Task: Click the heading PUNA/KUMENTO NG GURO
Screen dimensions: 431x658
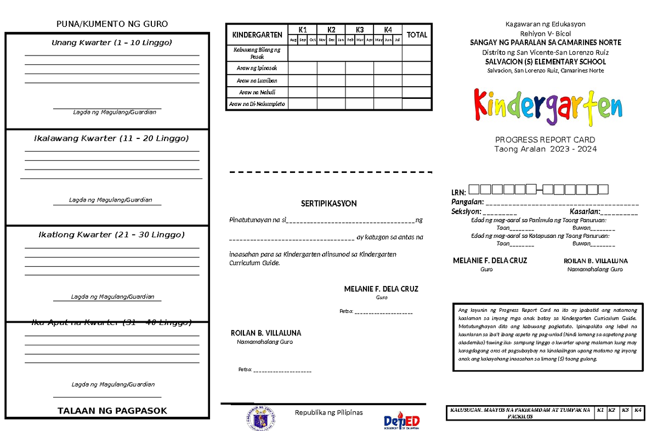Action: [x=112, y=24]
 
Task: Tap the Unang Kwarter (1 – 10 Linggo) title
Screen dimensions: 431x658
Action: [x=112, y=43]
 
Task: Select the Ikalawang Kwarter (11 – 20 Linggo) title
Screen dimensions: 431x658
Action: [x=111, y=138]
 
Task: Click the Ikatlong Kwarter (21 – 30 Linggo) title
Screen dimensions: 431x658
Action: [x=111, y=234]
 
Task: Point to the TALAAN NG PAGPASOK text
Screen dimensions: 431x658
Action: [x=112, y=411]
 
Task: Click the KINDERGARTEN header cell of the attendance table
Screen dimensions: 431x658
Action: [x=257, y=35]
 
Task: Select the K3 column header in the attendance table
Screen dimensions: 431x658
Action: [x=360, y=30]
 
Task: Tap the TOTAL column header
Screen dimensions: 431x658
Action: [x=417, y=35]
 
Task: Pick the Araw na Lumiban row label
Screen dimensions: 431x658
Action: [x=257, y=81]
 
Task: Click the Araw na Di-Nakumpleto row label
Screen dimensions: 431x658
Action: [x=257, y=104]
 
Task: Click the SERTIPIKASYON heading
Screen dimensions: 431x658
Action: [x=328, y=203]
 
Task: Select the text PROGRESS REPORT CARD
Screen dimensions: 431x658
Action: [x=545, y=139]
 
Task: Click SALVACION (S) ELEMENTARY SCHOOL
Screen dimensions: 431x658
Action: [x=546, y=62]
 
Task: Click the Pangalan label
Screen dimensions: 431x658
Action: [x=463, y=203]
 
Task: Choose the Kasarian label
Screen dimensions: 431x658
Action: [x=585, y=211]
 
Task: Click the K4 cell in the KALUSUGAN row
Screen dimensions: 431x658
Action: [x=638, y=410]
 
